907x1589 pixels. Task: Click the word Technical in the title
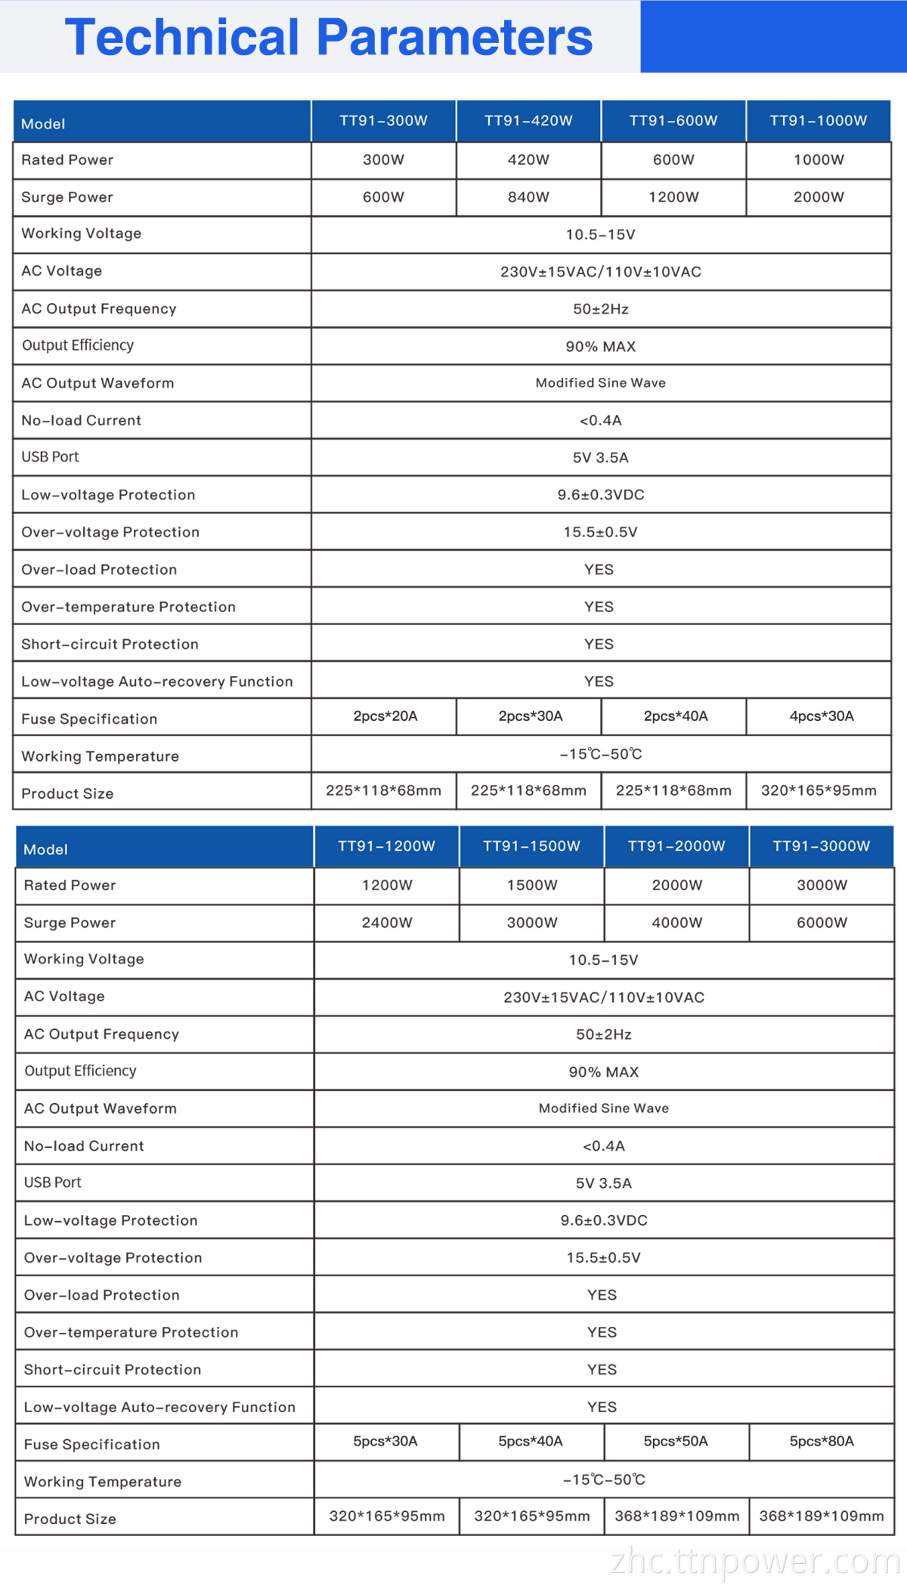tap(182, 37)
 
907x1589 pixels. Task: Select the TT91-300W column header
tap(383, 121)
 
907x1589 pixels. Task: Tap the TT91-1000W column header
tap(819, 121)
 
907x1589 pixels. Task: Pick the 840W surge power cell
tap(528, 197)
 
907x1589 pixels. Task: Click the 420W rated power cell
tap(528, 160)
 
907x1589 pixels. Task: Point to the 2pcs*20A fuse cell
tap(385, 716)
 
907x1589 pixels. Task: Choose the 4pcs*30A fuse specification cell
tap(822, 716)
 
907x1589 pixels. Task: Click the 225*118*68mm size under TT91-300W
tap(383, 790)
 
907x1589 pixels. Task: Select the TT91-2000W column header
tap(676, 846)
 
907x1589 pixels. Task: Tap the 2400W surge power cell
tap(387, 923)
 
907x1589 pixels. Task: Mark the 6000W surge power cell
tap(822, 923)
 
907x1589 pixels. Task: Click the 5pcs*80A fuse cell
tap(822, 1441)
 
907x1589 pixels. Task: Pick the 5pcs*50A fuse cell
tap(676, 1441)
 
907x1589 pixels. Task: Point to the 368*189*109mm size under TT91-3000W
tap(822, 1516)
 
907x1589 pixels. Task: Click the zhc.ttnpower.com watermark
tap(756, 1561)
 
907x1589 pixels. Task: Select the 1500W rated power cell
tap(532, 886)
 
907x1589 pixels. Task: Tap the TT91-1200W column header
tap(386, 846)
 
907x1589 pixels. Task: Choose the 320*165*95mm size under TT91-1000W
tap(819, 790)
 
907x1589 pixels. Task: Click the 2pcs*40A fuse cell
tap(676, 716)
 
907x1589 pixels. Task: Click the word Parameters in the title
tap(454, 37)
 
